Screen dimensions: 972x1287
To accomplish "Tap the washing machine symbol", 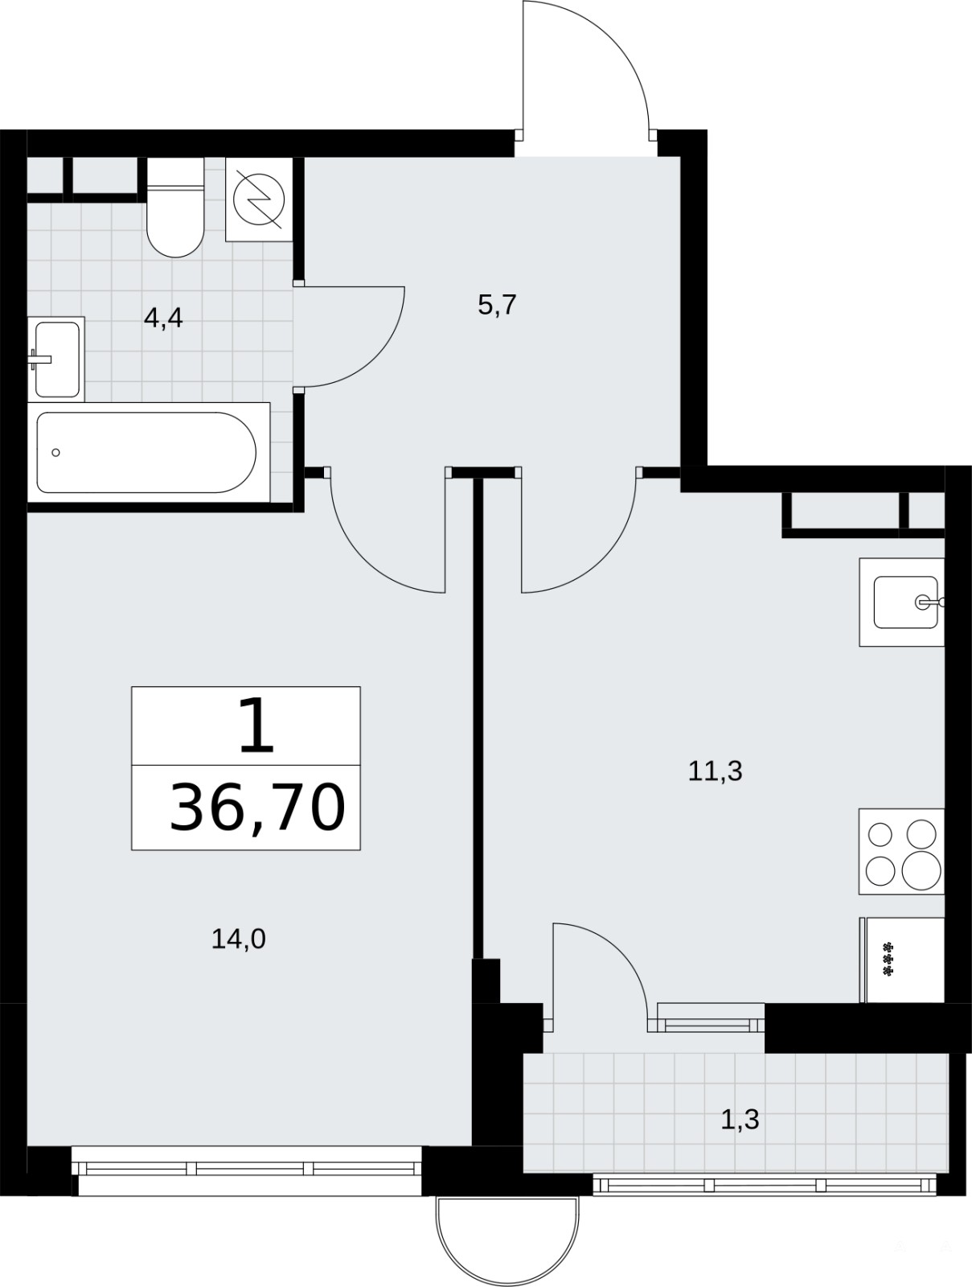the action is coord(258,199).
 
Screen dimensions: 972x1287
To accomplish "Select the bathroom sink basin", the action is coord(56,360).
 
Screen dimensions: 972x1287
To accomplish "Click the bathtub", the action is coord(149,452).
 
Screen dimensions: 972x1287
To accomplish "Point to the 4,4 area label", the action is coord(163,319).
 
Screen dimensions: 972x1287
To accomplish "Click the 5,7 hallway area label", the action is coord(497,306).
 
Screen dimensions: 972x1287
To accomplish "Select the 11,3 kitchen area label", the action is coord(715,771).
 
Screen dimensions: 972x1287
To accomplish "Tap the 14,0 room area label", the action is coord(238,940).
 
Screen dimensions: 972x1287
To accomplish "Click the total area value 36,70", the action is coord(257,808).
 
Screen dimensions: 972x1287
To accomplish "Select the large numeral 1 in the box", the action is coord(256,725).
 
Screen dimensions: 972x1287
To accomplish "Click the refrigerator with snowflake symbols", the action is coord(902,960).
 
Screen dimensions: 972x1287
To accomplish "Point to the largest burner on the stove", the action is coord(921,870).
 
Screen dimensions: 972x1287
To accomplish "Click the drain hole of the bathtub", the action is coord(55,453).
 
